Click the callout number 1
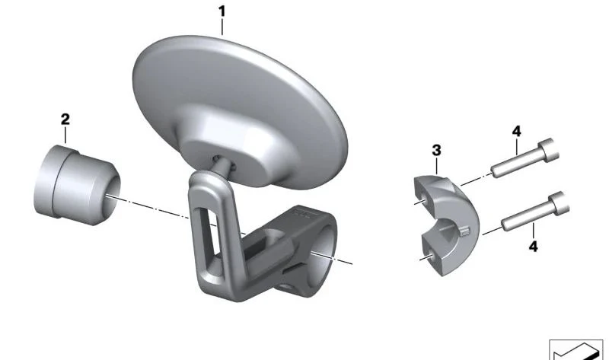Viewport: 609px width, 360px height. click(222, 11)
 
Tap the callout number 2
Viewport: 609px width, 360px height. click(65, 119)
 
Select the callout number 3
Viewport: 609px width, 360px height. click(436, 150)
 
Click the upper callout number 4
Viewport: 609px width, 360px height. click(517, 131)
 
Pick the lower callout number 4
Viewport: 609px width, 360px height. click(534, 246)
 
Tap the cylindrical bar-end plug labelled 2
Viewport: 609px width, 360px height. click(77, 185)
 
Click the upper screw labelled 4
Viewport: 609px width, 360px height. click(525, 158)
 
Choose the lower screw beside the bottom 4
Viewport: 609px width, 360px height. click(535, 212)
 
